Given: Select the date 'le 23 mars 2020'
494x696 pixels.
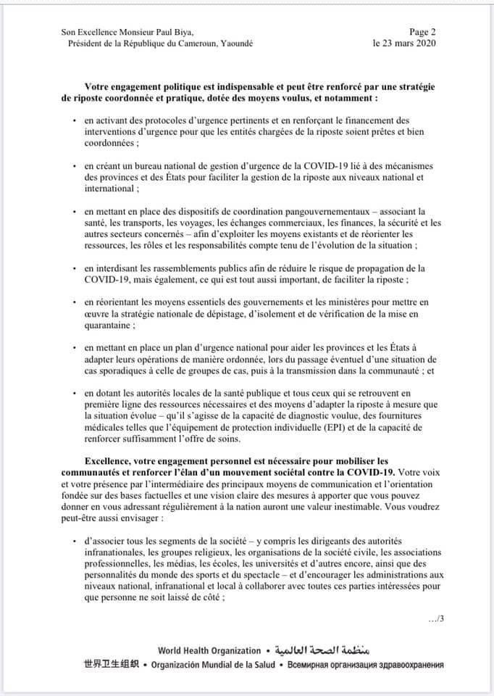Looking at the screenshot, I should (405, 43).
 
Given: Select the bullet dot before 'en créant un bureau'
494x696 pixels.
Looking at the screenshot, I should (75, 167).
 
